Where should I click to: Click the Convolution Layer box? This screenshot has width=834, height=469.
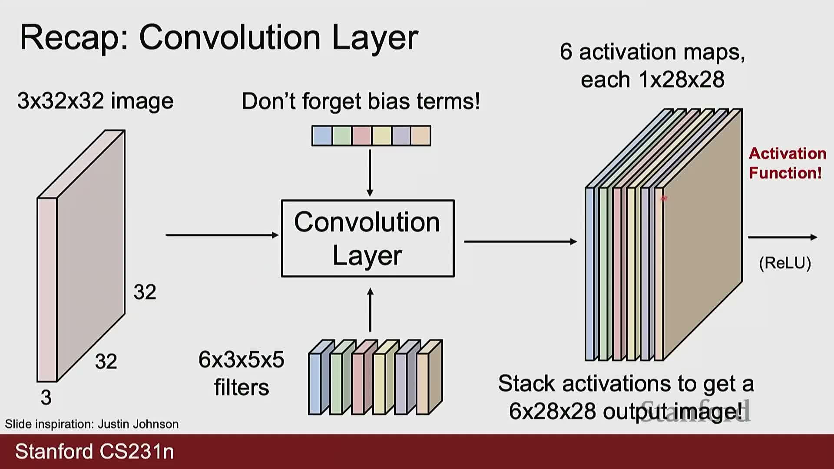(367, 238)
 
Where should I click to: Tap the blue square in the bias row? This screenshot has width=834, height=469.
(322, 136)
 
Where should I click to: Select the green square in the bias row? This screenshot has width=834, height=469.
(342, 136)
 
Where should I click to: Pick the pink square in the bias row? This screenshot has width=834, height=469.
(362, 136)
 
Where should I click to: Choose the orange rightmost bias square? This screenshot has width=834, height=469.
(420, 136)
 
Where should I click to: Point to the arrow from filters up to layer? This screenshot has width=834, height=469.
(370, 310)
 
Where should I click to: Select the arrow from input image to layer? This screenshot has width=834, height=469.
(222, 235)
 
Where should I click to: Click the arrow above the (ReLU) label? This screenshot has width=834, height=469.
(782, 237)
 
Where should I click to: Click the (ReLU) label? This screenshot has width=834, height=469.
(785, 263)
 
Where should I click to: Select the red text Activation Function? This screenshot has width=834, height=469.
(787, 163)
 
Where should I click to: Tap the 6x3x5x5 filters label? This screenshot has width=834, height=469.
(242, 373)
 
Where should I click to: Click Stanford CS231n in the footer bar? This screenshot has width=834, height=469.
(95, 452)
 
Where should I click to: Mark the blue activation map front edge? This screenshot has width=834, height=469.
(589, 274)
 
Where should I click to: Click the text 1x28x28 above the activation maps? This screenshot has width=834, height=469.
(681, 80)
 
